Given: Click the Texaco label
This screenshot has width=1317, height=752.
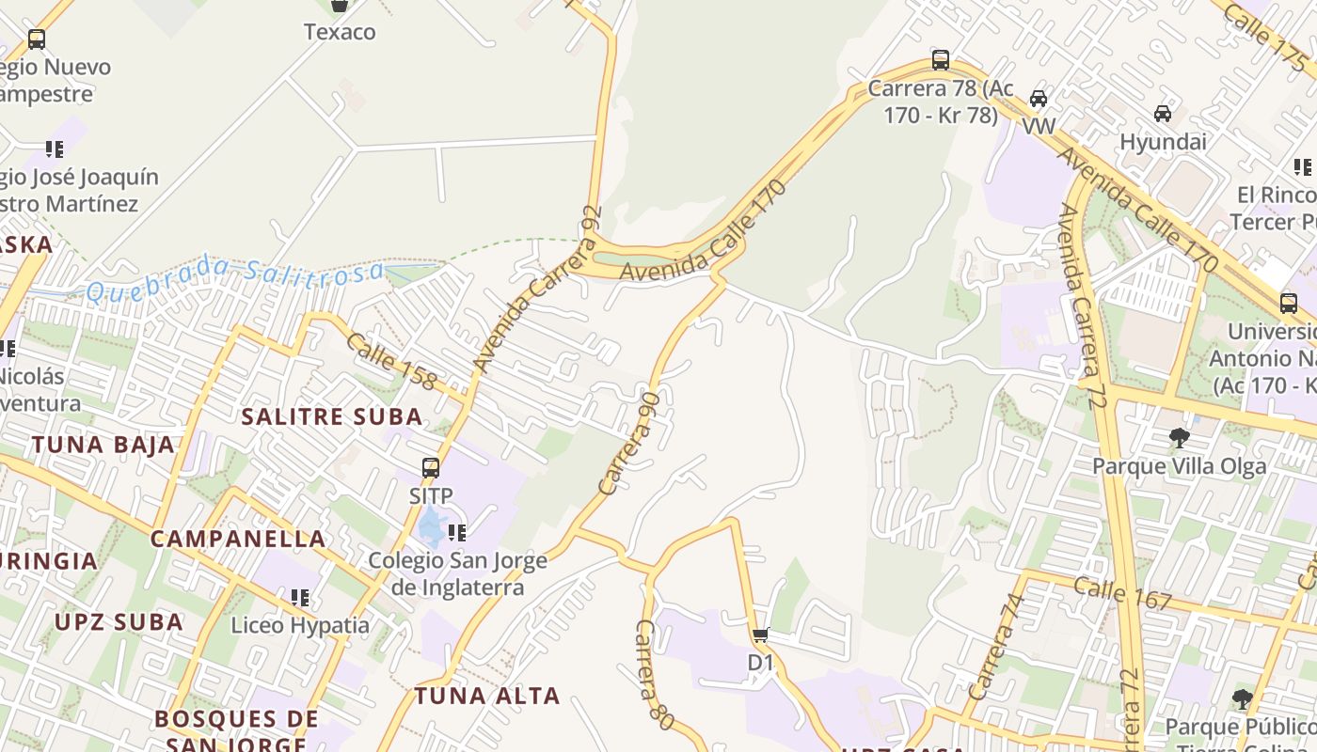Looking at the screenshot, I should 340,32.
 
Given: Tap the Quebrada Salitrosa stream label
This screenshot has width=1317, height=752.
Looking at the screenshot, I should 235,278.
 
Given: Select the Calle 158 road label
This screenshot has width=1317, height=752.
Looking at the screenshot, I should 391,361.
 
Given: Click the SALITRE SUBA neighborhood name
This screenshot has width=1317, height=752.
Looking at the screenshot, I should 332,416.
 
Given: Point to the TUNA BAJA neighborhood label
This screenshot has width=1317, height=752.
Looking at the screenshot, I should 103,445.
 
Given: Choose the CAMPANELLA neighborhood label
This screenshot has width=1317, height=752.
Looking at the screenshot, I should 238,539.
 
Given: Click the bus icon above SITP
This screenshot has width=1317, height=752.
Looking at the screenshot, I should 431,467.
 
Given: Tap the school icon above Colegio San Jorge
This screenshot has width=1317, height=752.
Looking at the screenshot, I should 457,533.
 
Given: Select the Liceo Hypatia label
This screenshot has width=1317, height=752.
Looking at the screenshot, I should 300,625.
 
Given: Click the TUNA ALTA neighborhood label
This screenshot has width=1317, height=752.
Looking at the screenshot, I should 487,696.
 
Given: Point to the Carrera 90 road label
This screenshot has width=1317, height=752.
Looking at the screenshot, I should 631,444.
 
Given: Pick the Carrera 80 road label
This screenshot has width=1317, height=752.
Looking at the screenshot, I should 655,674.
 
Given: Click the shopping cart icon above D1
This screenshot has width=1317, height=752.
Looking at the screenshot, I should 761,635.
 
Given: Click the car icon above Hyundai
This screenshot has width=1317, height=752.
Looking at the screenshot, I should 1163,114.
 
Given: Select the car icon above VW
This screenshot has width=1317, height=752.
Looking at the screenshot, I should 1039,99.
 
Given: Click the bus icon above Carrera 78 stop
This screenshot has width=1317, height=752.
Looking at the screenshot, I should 940,60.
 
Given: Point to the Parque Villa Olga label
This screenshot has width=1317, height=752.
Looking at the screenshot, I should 1179,466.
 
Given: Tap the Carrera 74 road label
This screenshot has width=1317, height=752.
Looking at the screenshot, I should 995,648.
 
